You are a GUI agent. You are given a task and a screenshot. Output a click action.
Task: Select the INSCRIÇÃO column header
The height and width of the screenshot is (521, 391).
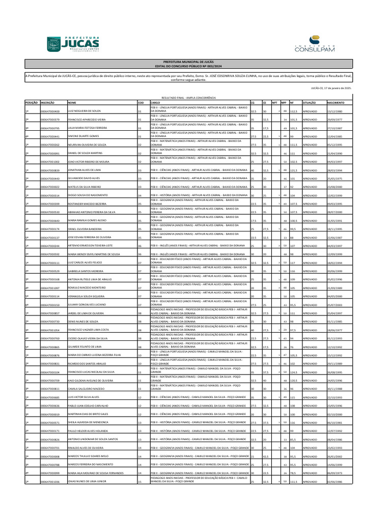[x=48, y=102]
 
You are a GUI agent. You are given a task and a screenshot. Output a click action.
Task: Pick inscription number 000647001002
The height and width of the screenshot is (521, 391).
[x=50, y=162]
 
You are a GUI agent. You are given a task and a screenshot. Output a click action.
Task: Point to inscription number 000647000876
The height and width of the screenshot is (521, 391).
[x=50, y=355]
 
